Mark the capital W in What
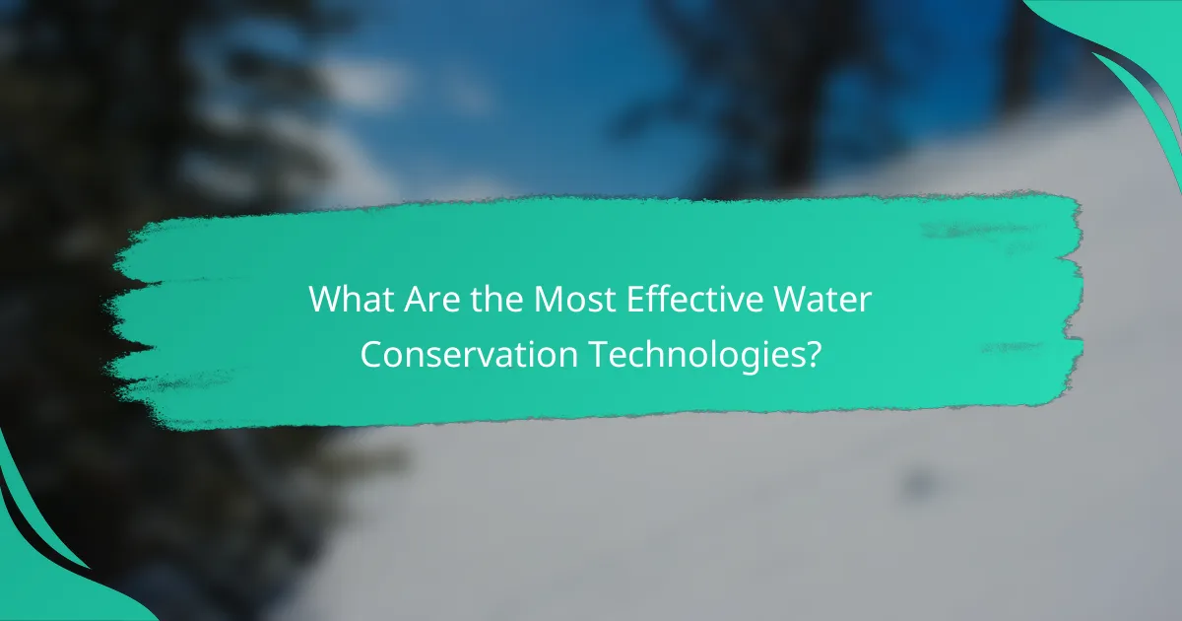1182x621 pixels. coord(325,300)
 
